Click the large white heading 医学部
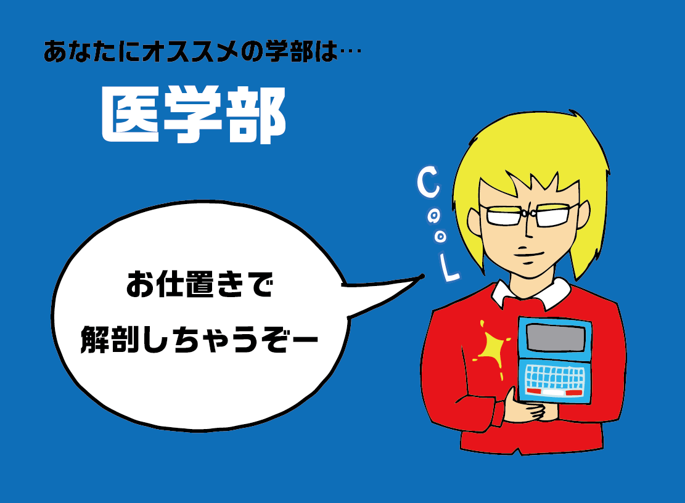click(x=194, y=115)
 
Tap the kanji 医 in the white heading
click(x=130, y=115)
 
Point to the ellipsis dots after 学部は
click(x=350, y=53)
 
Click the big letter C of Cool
click(x=428, y=182)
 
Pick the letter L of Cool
click(x=449, y=268)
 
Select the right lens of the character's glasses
click(x=552, y=215)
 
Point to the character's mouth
click(x=528, y=255)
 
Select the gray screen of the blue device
click(x=556, y=337)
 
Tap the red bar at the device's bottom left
click(x=533, y=391)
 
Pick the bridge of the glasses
click(x=528, y=213)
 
